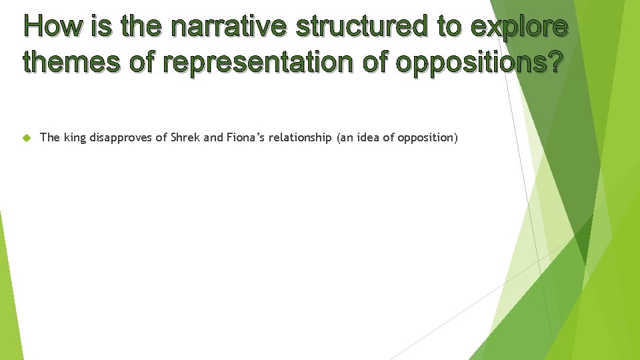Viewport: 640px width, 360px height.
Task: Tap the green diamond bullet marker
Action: tap(26, 138)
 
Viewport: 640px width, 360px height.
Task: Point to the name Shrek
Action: tap(184, 138)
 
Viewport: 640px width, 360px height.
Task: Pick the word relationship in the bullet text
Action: tap(300, 138)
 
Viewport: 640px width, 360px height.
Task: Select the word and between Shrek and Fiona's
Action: tap(213, 138)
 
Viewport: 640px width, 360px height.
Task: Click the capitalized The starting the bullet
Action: tap(50, 138)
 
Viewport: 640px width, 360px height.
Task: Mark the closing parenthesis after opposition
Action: tap(456, 138)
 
